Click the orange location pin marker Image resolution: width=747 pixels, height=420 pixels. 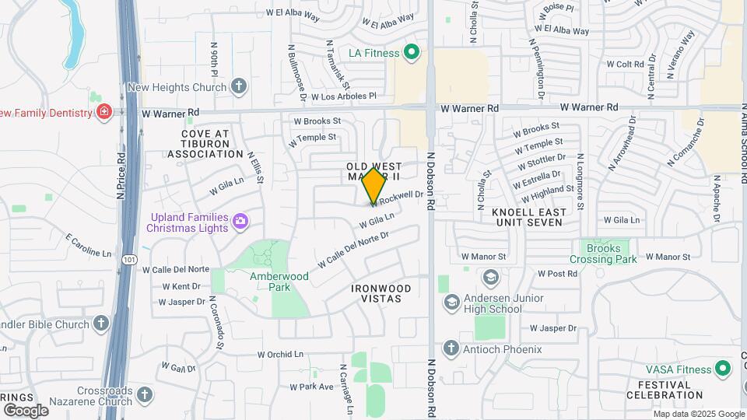374,185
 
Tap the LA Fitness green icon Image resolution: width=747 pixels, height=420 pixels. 412,54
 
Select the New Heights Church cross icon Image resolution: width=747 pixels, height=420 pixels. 239,86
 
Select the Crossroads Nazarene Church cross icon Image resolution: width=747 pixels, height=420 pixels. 143,395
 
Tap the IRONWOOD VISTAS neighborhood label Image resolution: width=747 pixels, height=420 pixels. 381,293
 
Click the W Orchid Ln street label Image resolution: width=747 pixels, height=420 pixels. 278,354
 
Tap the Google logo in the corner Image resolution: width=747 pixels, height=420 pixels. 25,410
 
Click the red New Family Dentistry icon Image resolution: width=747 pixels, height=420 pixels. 103,113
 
